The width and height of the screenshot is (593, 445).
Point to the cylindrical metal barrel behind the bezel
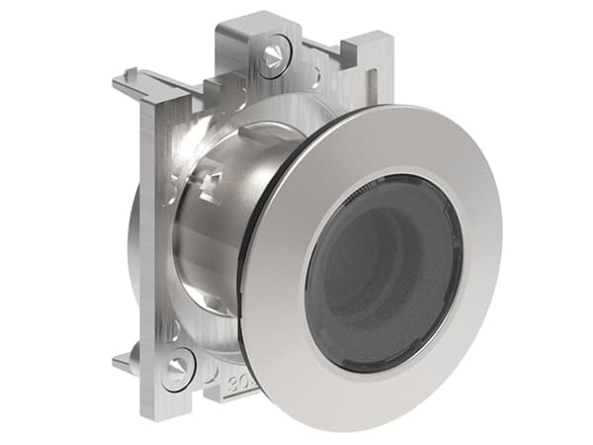click(x=203, y=247)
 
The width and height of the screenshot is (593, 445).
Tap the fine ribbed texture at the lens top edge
click(x=395, y=183)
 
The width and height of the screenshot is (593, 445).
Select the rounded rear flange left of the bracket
click(x=133, y=247)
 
